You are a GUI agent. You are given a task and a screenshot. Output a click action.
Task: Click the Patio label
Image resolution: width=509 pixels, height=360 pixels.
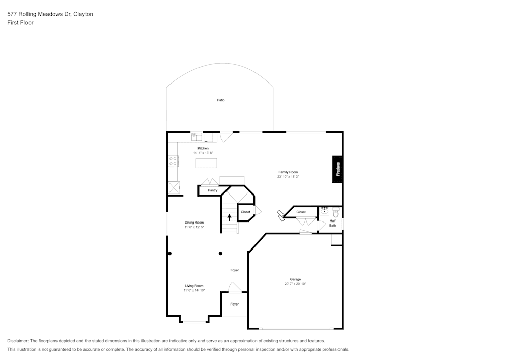click(x=221, y=100)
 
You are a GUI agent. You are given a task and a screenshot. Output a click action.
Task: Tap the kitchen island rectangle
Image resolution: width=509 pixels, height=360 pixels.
click(x=206, y=163)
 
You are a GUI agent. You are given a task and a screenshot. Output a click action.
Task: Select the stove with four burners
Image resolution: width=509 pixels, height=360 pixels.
click(x=173, y=161)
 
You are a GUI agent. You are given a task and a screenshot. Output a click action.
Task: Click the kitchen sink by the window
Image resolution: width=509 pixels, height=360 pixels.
click(x=197, y=136)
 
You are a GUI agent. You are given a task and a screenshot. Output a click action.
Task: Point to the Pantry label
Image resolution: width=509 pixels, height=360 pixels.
click(x=212, y=190)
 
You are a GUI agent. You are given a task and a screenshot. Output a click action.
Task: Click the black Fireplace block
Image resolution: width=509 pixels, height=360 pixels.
click(x=337, y=168)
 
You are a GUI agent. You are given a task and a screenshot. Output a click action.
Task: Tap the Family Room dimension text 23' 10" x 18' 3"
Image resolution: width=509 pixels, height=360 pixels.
click(x=288, y=177)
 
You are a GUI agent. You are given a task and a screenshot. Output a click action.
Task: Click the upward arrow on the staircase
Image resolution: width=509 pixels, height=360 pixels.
click(x=229, y=217)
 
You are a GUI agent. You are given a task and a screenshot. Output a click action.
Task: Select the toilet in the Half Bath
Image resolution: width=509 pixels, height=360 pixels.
click(x=335, y=211)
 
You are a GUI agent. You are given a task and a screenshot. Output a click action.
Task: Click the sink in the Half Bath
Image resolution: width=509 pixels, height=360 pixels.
click(x=324, y=211)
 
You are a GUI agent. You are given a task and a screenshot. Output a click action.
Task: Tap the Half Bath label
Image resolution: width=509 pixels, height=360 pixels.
click(x=332, y=223)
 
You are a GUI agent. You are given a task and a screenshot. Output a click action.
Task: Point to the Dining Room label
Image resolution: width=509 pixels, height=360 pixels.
click(x=194, y=223)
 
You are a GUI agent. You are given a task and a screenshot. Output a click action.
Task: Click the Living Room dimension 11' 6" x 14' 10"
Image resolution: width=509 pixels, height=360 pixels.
click(x=194, y=290)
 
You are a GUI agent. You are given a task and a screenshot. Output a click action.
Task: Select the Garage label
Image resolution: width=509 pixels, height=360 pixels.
click(x=295, y=279)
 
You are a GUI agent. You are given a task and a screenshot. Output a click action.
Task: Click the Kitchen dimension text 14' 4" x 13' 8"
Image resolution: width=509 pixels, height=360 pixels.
click(x=203, y=153)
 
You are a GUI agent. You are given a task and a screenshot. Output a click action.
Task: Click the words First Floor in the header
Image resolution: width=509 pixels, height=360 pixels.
click(x=20, y=23)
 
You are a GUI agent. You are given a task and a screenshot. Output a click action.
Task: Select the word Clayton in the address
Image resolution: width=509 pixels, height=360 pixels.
click(x=83, y=14)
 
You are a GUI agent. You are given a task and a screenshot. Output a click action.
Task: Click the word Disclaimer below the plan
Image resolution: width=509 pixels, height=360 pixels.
click(x=18, y=341)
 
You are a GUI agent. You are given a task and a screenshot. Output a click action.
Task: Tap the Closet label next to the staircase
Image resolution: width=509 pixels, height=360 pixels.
click(x=245, y=212)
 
